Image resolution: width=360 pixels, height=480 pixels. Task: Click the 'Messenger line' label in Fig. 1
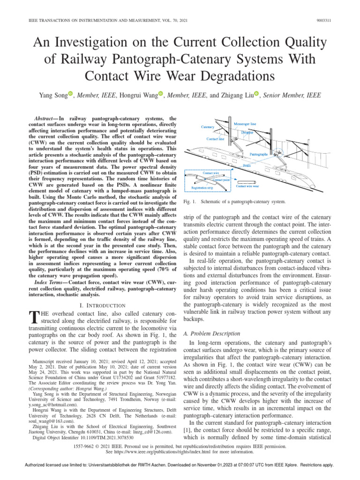click(x=245, y=124)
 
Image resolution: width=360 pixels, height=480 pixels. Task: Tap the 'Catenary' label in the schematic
click(x=208, y=127)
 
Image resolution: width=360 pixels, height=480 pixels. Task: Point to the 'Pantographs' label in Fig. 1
click(x=259, y=154)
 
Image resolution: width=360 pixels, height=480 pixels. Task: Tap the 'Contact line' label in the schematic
click(x=215, y=139)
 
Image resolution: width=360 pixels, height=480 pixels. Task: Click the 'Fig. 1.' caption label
click(x=188, y=202)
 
